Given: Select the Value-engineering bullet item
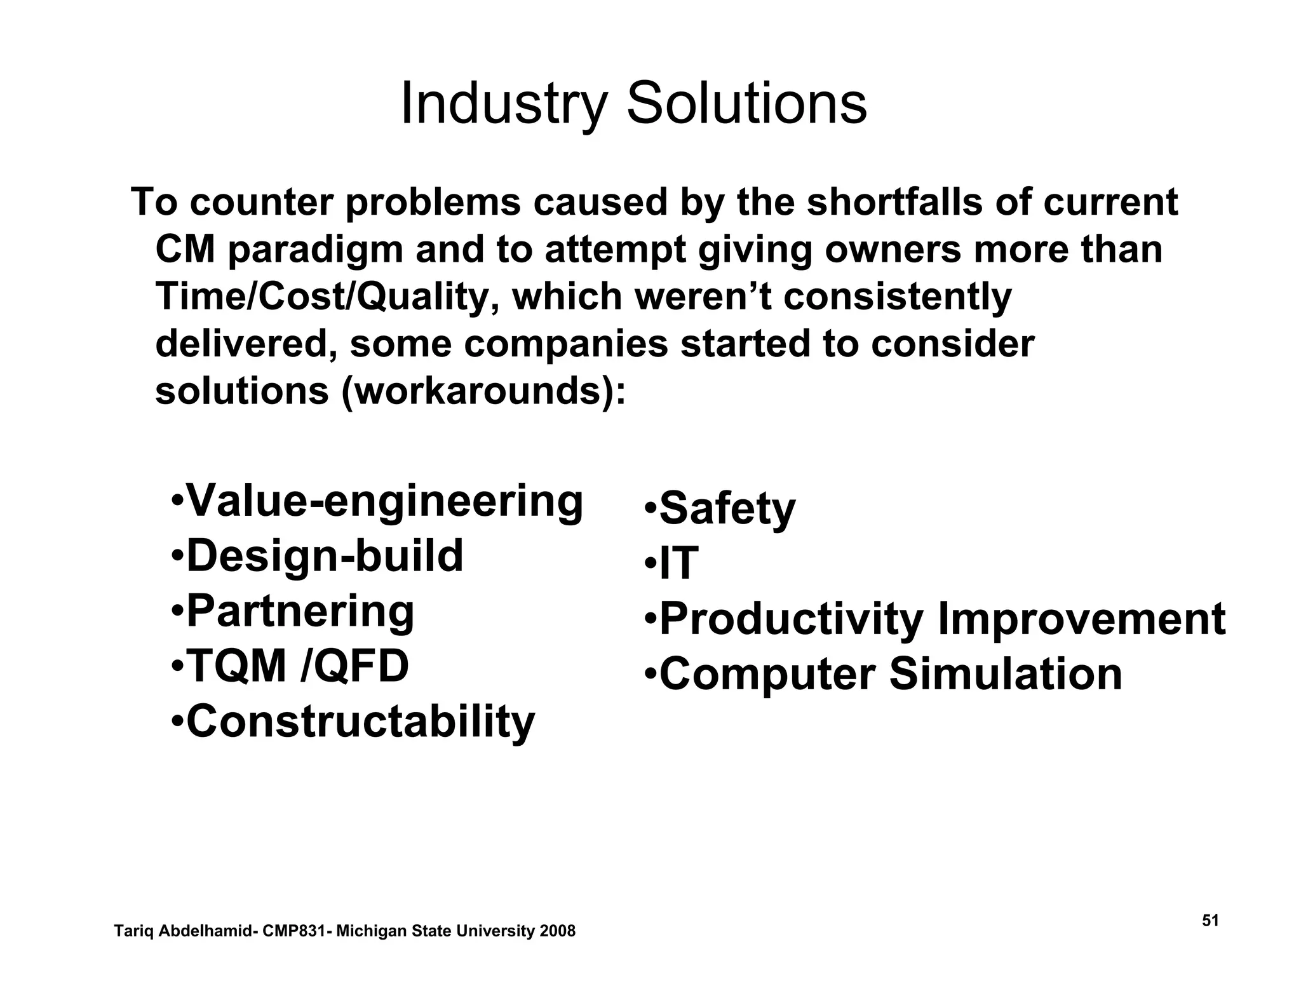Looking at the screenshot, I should pyautogui.click(x=384, y=501).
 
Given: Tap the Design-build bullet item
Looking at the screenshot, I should pyautogui.click(x=325, y=556).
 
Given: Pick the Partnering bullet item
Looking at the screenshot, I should pyautogui.click(x=300, y=611).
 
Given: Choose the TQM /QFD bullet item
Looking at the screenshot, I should pyautogui.click(x=297, y=666).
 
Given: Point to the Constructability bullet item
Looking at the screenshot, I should pyautogui.click(x=360, y=722).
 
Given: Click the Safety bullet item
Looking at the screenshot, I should pyautogui.click(x=727, y=509).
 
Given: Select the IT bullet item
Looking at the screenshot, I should pyautogui.click(x=678, y=563).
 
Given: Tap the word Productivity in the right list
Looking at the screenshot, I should pyautogui.click(x=792, y=619).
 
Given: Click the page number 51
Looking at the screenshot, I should pyautogui.click(x=1210, y=921).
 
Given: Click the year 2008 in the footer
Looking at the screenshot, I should pyautogui.click(x=557, y=931).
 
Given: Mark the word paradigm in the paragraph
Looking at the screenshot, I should pyautogui.click(x=315, y=250).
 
